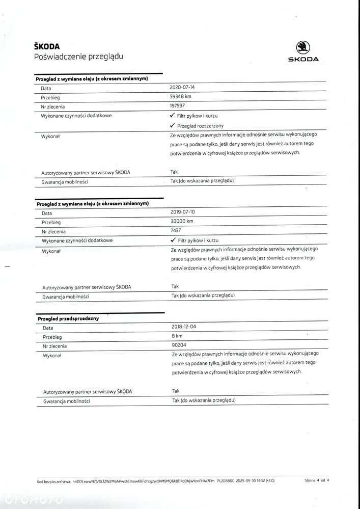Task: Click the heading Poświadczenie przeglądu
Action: [x=78, y=57]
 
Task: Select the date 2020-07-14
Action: [x=182, y=88]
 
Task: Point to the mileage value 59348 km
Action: [x=181, y=97]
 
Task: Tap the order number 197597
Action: [x=178, y=106]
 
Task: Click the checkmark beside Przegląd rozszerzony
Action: [x=173, y=125]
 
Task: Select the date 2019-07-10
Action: [x=183, y=212]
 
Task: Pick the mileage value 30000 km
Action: [x=182, y=222]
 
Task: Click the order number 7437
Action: [x=176, y=231]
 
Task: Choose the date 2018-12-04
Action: [x=184, y=328]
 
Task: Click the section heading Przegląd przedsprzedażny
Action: [x=68, y=318]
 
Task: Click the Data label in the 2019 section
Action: [x=47, y=213]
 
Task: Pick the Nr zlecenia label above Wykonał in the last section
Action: [x=55, y=346]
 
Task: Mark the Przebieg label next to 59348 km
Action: [x=50, y=97]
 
